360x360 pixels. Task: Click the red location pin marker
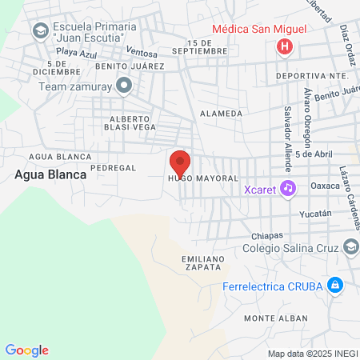pos(180,163)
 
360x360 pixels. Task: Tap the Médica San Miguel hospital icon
pos(283,47)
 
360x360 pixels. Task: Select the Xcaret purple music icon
pos(288,188)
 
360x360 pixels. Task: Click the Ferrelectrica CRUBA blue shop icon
pos(335,285)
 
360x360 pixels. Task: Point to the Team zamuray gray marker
pos(123,84)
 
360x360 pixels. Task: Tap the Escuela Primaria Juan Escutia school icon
pos(39,31)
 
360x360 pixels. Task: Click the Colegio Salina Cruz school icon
pos(350,246)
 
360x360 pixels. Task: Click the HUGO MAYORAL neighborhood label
pos(202,178)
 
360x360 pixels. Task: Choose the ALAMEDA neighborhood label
pos(221,114)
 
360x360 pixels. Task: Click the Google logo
pos(27,350)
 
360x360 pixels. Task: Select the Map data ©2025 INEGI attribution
pos(312,354)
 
